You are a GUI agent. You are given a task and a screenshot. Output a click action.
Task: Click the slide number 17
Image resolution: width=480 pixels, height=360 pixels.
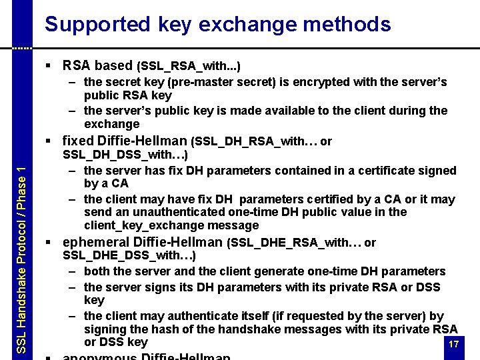tap(454, 344)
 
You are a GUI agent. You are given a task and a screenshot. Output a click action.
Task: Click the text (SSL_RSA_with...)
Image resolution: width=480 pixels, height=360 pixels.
tap(189, 66)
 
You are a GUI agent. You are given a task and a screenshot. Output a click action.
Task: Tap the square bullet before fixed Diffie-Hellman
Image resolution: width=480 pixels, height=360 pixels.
tap(52, 141)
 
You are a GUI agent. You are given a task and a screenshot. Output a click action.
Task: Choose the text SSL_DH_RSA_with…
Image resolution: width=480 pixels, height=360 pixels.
tap(255, 141)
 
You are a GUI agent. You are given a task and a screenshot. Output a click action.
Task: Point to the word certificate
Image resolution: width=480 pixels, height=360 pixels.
tap(382, 170)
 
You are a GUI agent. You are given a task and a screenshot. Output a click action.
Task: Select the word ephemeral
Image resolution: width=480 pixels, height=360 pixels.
tap(95, 243)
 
